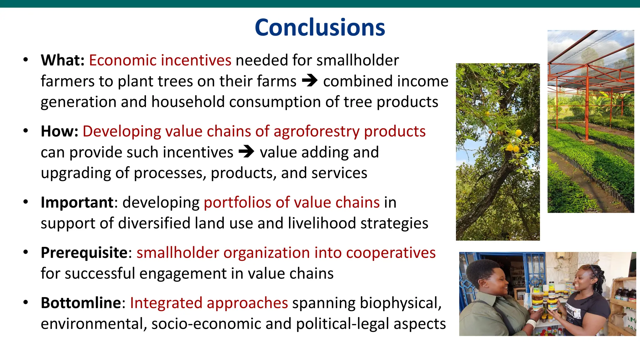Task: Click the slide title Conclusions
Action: click(x=320, y=27)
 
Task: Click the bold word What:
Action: click(x=62, y=60)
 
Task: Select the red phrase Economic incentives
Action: click(x=160, y=60)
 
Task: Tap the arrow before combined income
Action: click(x=309, y=81)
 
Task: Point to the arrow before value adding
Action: click(x=246, y=152)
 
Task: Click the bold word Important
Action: click(x=77, y=202)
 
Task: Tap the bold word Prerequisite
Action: click(x=84, y=252)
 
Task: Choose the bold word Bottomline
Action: click(x=81, y=303)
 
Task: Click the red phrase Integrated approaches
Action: click(x=209, y=303)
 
